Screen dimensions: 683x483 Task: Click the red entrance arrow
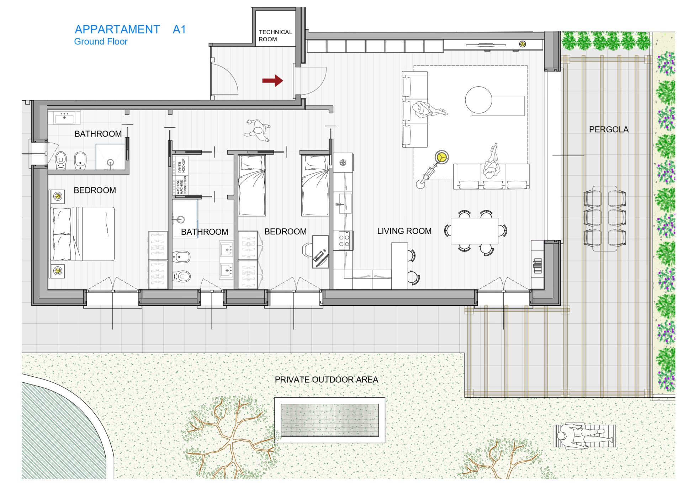point(272,81)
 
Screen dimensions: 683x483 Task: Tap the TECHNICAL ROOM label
point(275,36)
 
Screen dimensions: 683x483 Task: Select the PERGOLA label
point(609,129)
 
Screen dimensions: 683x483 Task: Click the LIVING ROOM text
point(404,231)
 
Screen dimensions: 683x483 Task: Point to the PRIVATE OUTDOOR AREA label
point(326,379)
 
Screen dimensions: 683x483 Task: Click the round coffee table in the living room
point(478,100)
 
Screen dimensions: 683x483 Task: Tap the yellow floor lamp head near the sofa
point(441,156)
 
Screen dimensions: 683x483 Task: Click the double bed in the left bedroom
point(83,234)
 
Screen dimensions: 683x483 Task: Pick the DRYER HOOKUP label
point(181,165)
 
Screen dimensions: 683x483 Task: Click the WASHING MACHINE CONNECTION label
point(181,185)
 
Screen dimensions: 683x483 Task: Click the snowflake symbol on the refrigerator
point(343,163)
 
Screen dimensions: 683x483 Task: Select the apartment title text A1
point(179,29)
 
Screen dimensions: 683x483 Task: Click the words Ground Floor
point(101,42)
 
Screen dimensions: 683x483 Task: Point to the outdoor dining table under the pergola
point(605,218)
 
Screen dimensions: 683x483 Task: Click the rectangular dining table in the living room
point(474,231)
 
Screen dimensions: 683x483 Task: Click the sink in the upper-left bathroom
point(64,117)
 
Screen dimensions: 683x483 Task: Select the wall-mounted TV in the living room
point(486,45)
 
